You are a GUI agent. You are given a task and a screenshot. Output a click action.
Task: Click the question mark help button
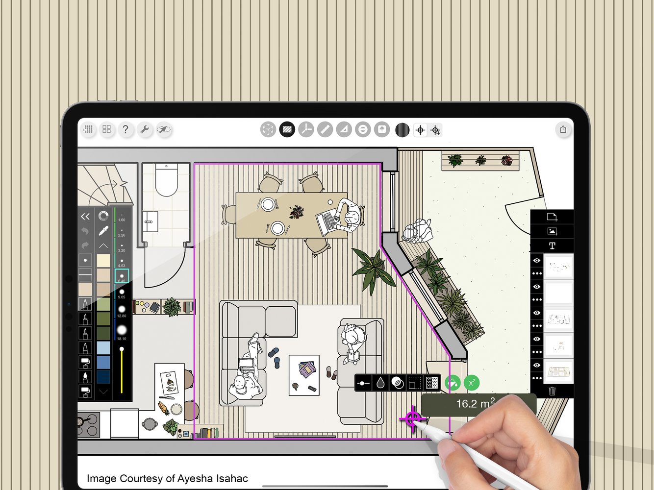coord(126,129)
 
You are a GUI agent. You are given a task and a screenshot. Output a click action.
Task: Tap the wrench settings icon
coord(145,129)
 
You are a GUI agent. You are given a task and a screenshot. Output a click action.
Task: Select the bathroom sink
coord(150,222)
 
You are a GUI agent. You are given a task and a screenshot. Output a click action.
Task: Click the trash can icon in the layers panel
coord(552,391)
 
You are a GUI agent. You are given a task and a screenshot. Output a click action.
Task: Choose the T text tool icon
coord(552,245)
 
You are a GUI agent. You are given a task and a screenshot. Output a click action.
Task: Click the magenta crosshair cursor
coord(413,419)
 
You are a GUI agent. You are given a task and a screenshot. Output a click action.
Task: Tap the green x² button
coord(472,383)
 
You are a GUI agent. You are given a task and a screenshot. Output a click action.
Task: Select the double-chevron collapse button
coord(85,216)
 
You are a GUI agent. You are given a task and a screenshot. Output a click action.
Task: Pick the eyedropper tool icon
coord(103,231)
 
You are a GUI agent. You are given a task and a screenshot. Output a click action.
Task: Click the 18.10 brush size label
coord(122,339)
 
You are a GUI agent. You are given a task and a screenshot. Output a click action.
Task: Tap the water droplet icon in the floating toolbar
coord(380,383)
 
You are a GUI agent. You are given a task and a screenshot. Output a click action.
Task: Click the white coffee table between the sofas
coord(304,375)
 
